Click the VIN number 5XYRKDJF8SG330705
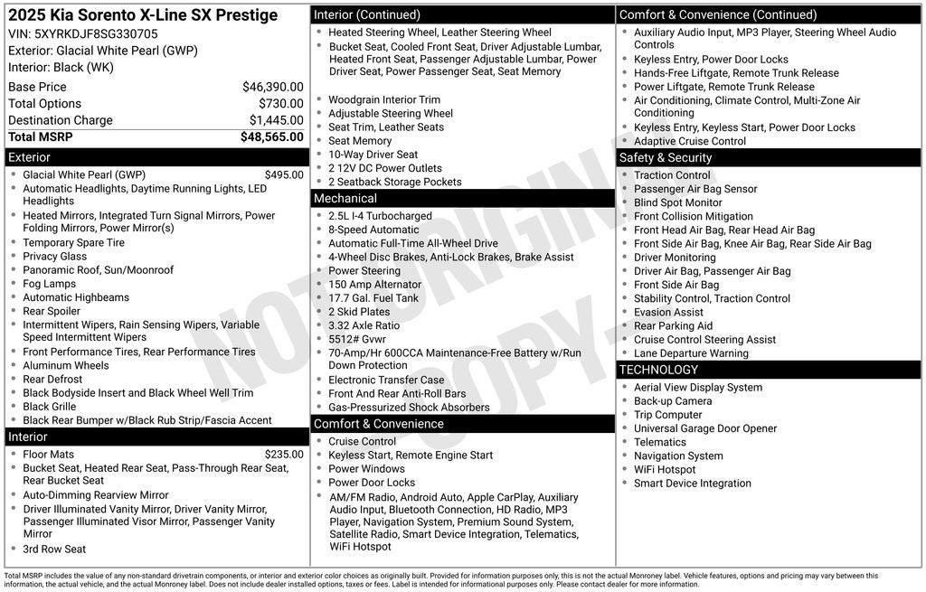(96, 34)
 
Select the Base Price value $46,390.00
(272, 87)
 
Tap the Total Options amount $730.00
(280, 104)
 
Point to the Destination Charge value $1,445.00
(276, 120)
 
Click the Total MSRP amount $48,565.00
(271, 137)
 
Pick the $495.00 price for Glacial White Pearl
(284, 175)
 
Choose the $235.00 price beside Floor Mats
(284, 455)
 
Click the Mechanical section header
(345, 199)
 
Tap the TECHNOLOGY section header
(658, 370)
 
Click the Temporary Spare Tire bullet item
(74, 243)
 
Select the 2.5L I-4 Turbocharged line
(380, 217)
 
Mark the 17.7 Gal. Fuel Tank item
(373, 298)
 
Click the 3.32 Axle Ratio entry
(364, 325)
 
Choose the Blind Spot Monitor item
(678, 203)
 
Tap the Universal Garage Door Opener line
(705, 428)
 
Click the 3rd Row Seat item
(54, 550)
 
